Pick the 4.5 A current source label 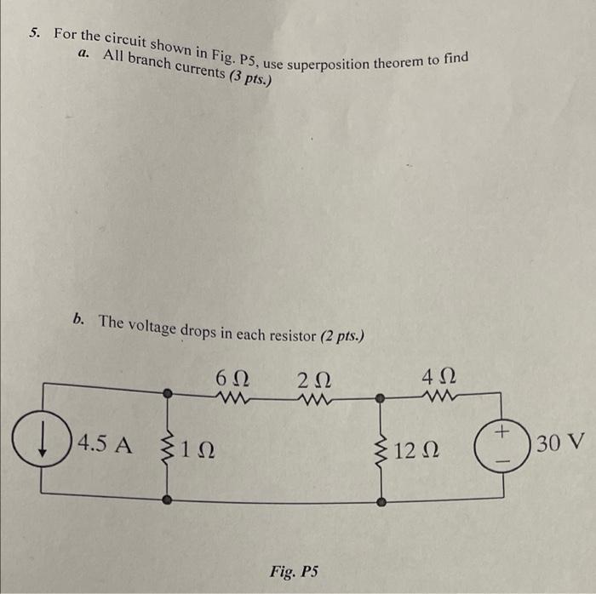tap(106, 444)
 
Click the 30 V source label tap(562, 443)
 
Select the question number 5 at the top tap(33, 33)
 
